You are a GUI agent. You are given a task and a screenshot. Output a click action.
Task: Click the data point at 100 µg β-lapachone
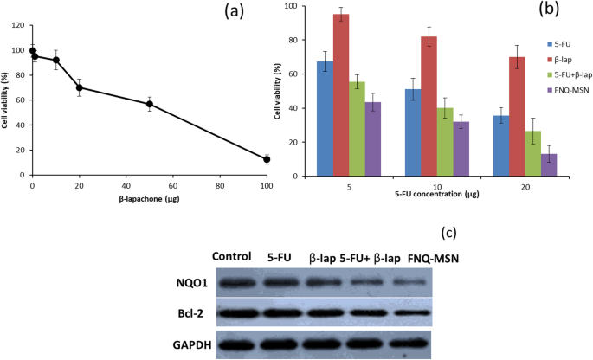[x=267, y=159]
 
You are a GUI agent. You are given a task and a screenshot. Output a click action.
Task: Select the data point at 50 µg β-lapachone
[x=150, y=104]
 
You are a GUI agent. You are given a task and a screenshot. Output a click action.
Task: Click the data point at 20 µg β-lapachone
[x=80, y=87]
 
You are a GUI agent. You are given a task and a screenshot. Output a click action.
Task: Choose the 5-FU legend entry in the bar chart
[x=554, y=42]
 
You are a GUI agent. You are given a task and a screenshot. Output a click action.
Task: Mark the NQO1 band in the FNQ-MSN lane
[x=412, y=282]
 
